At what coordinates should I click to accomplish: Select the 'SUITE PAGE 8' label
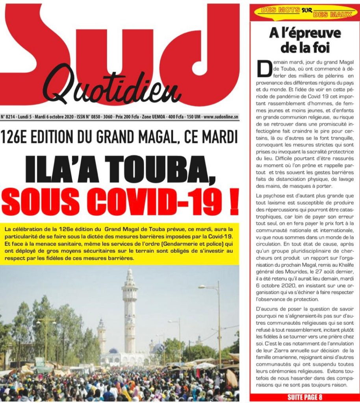304,397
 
